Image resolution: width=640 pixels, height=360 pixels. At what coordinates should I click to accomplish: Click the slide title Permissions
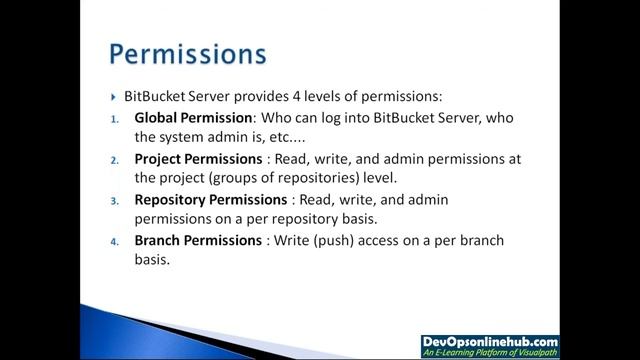(187, 51)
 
